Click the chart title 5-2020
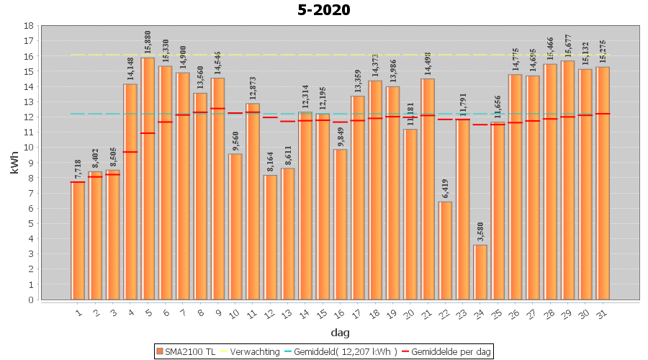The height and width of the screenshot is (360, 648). click(324, 10)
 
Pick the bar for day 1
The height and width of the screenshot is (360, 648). click(78, 240)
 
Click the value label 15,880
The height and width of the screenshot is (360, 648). click(148, 42)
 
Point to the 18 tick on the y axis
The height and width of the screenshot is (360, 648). click(29, 25)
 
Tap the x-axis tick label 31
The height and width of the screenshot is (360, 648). click(602, 314)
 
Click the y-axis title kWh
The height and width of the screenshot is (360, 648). click(14, 163)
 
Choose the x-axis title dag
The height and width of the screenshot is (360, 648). click(340, 333)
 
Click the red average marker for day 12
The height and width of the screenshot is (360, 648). click(270, 117)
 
